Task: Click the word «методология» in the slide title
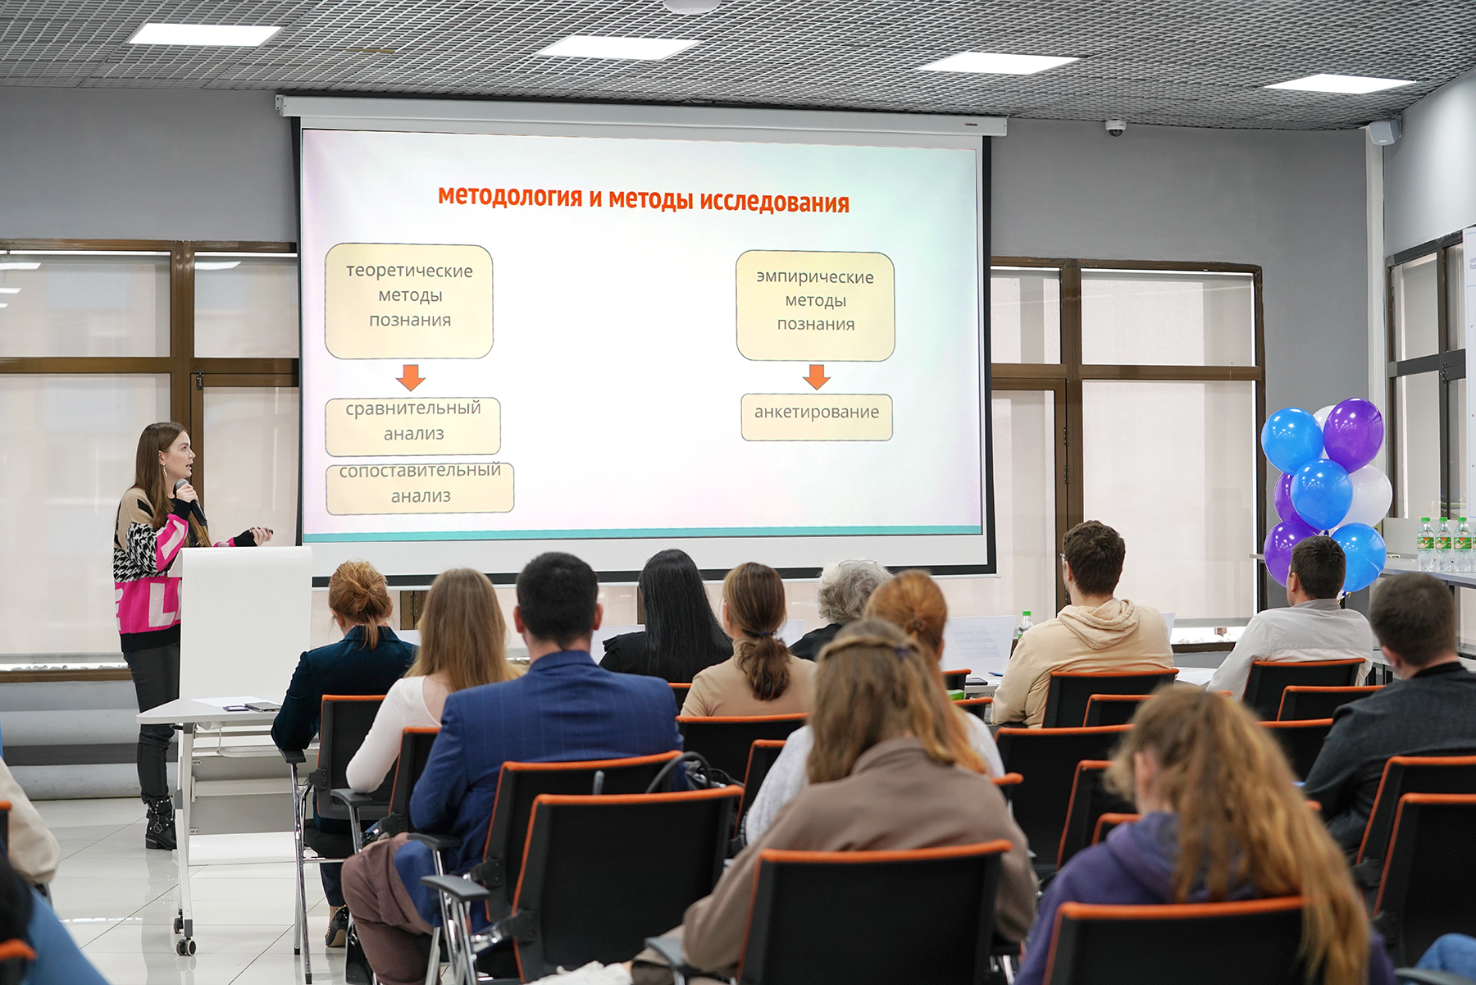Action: [x=509, y=197]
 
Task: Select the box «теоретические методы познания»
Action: [x=409, y=301]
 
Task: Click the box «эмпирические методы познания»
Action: [x=815, y=306]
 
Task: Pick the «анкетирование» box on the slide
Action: [x=817, y=417]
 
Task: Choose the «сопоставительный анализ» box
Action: [x=420, y=489]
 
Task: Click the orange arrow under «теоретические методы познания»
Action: [x=410, y=377]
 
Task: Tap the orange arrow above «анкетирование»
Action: [x=816, y=377]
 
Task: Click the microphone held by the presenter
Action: [x=190, y=501]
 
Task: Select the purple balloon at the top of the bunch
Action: [x=1353, y=434]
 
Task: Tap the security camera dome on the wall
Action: [x=1115, y=127]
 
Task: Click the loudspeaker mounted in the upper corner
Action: [x=1384, y=132]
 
